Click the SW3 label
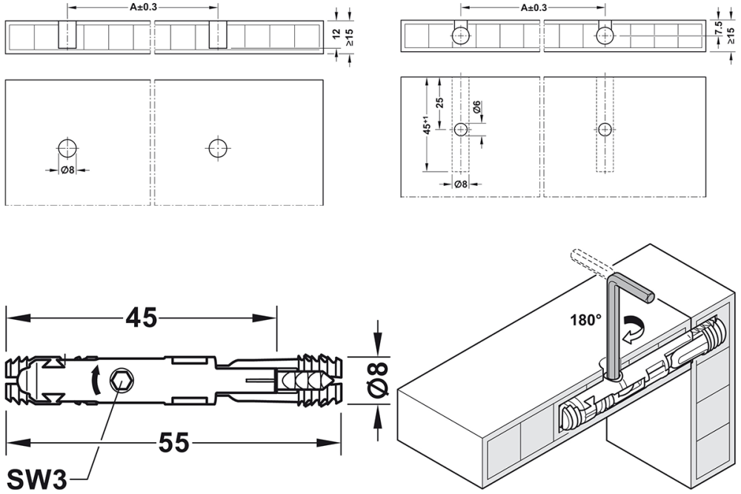[x=37, y=479]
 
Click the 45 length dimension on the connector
[x=142, y=318]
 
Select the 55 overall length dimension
[x=173, y=442]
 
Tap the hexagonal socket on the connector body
[x=122, y=380]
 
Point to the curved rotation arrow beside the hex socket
[x=96, y=378]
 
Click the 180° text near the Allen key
[x=585, y=320]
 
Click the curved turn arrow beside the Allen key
[x=636, y=329]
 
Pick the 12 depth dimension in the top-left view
[x=336, y=34]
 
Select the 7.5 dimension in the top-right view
[x=719, y=28]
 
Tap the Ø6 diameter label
[x=476, y=106]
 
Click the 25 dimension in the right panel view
[x=440, y=103]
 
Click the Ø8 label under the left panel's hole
[x=67, y=170]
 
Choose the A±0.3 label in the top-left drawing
[x=143, y=7]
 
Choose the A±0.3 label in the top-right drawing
[x=534, y=7]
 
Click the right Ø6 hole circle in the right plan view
[x=605, y=130]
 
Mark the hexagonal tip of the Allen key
[x=650, y=297]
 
